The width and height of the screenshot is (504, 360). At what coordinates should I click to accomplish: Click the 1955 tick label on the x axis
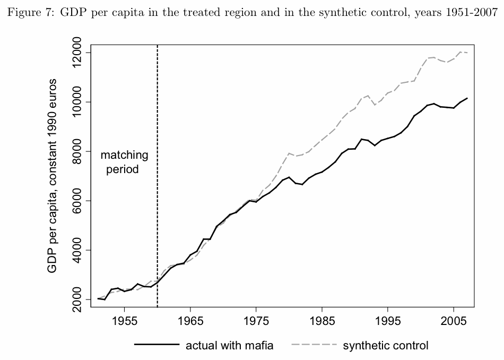(x=124, y=322)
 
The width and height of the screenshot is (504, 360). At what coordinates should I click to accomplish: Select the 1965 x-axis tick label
(x=190, y=322)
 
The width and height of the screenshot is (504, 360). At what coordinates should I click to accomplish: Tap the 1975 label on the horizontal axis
(x=256, y=322)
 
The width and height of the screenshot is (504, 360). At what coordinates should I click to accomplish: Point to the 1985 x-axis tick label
(x=322, y=322)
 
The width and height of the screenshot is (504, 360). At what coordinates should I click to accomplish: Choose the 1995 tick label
(x=388, y=322)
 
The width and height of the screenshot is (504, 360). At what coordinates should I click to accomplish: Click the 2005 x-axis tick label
(x=454, y=322)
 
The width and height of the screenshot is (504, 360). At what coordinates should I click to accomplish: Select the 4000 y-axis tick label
(x=77, y=251)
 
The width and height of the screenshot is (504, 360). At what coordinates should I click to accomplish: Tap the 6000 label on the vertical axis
(x=77, y=201)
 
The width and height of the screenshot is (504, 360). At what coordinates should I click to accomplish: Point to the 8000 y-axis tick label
(x=77, y=152)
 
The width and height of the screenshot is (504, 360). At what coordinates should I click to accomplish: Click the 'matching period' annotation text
(x=124, y=162)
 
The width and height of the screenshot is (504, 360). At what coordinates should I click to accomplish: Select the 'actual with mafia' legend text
(x=229, y=346)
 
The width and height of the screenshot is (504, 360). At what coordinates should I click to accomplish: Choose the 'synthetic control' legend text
(x=385, y=346)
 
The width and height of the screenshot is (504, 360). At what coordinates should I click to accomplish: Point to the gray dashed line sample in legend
(x=314, y=345)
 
